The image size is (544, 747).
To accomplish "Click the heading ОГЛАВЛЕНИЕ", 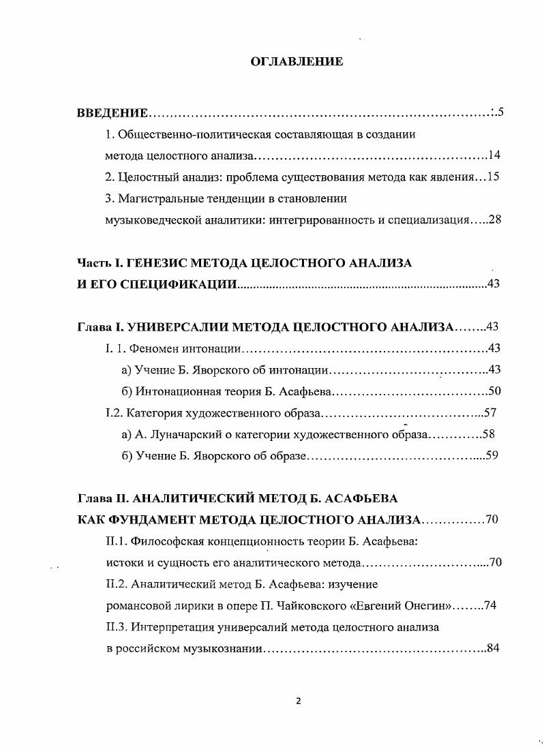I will tap(297, 62).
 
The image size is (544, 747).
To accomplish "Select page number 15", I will tap(494, 177).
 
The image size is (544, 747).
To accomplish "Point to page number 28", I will tap(495, 220).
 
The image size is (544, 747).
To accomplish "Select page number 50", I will tap(494, 391).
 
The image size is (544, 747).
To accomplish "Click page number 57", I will tap(488, 412).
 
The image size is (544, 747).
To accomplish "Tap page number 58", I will tap(488, 434).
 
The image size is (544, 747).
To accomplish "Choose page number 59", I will tap(492, 455).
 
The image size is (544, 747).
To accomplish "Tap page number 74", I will tap(489, 606).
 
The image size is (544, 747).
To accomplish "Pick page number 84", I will tap(494, 648).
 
